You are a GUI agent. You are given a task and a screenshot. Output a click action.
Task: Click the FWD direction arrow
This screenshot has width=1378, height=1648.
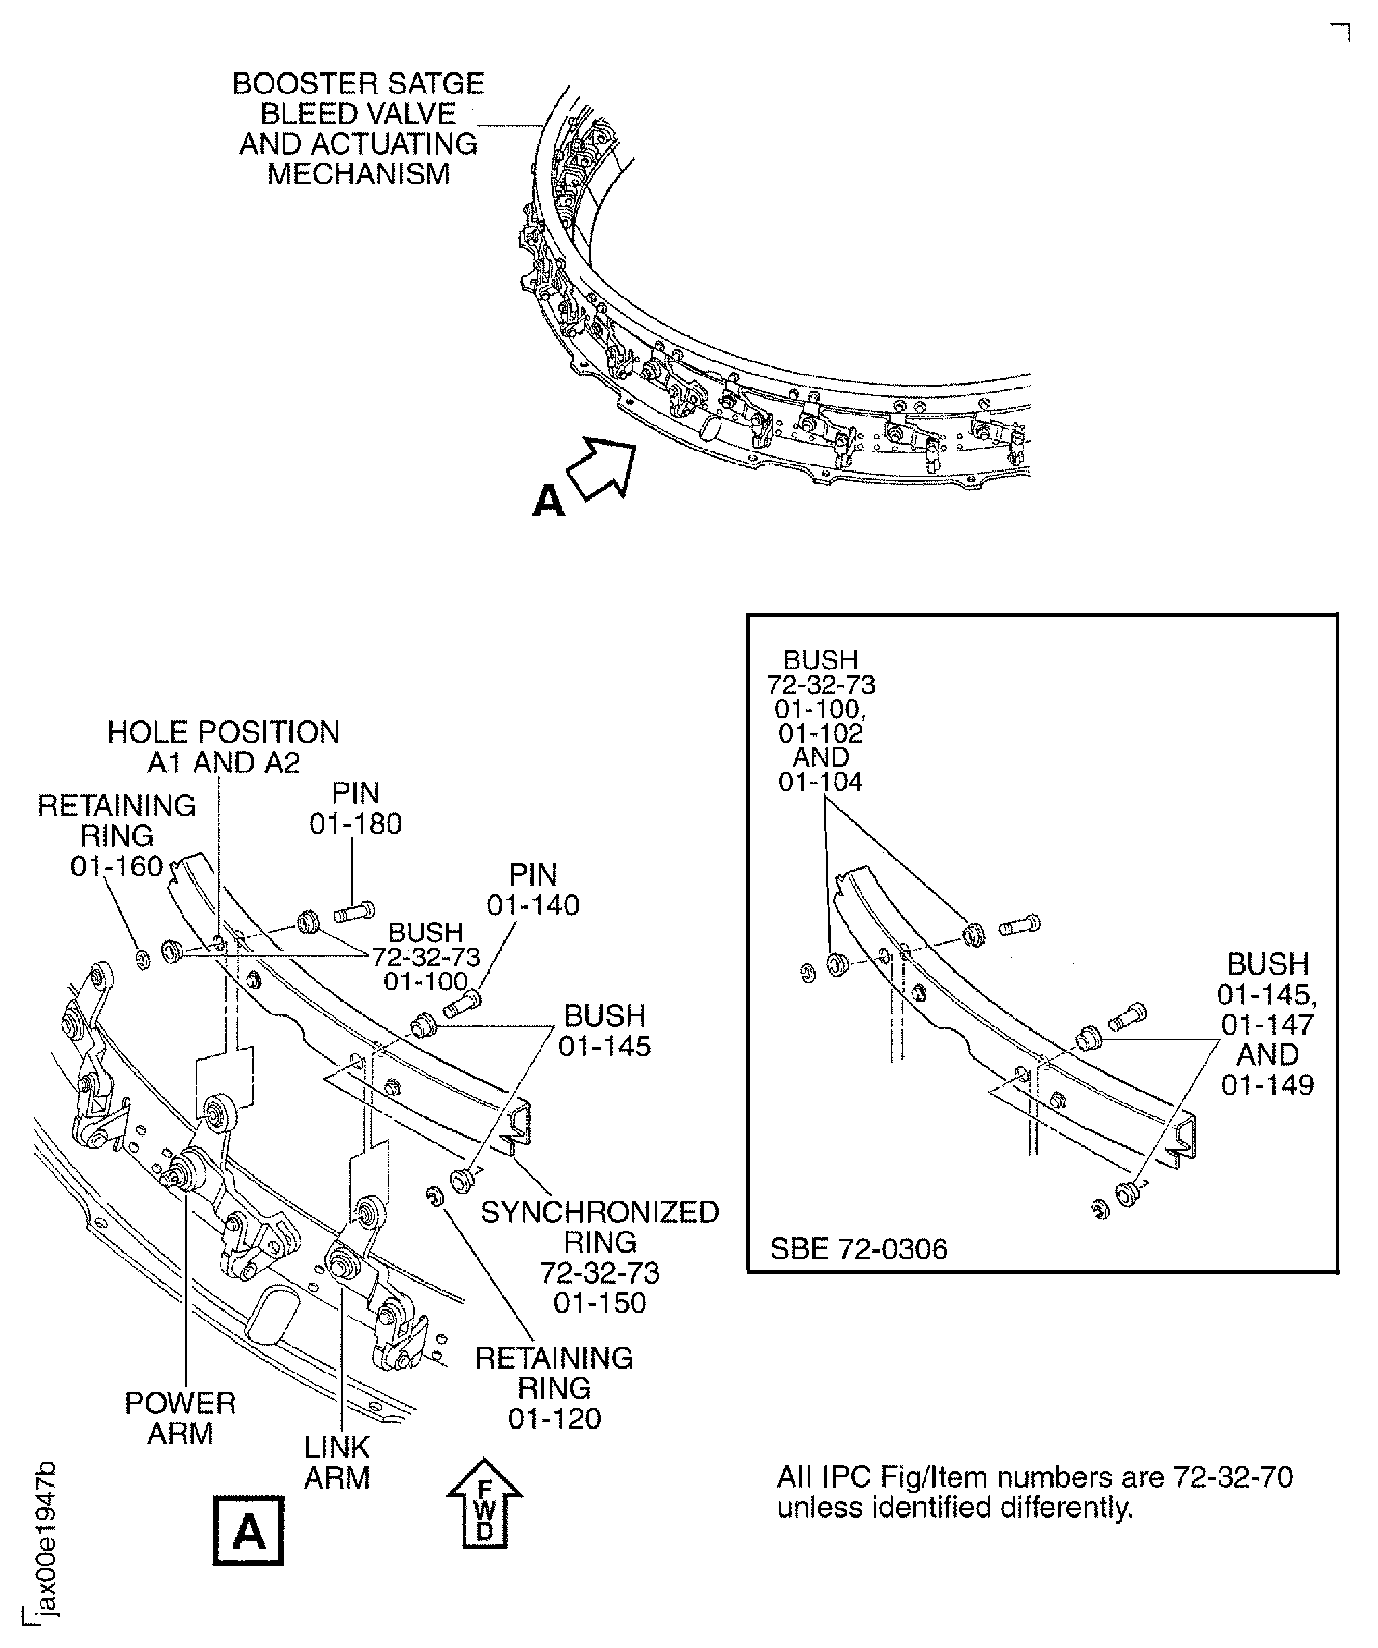(485, 1504)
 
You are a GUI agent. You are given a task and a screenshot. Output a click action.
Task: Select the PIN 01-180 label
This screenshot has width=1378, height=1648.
(355, 808)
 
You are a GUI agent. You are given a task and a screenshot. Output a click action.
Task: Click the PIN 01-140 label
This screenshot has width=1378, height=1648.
(533, 890)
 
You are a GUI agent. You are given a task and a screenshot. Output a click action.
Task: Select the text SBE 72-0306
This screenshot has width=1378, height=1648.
(858, 1248)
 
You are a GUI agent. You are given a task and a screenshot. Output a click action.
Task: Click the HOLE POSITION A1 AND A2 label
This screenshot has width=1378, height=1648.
(224, 747)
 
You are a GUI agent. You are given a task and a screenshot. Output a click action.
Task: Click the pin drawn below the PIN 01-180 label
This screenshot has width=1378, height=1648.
(354, 913)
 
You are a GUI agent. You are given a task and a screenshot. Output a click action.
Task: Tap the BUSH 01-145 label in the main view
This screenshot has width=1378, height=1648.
(604, 1031)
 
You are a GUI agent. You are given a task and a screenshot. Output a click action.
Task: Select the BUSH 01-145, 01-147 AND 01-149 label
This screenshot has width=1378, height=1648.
(1267, 1024)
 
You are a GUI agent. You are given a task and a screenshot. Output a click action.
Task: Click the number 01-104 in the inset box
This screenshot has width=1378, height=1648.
(820, 783)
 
